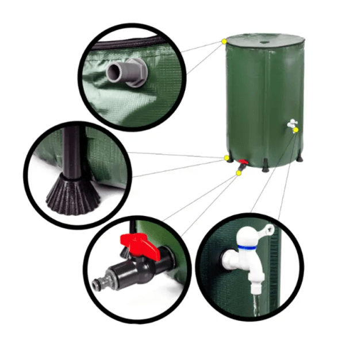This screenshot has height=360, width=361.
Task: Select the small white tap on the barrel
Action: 292,123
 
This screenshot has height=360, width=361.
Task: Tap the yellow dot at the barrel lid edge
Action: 224,41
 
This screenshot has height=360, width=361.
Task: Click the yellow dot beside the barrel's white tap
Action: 296,130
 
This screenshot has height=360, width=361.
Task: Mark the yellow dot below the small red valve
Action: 239,172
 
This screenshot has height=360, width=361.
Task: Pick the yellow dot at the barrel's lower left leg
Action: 226,157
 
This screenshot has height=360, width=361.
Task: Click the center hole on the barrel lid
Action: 265,41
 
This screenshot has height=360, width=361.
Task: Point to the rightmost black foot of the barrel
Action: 299,157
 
